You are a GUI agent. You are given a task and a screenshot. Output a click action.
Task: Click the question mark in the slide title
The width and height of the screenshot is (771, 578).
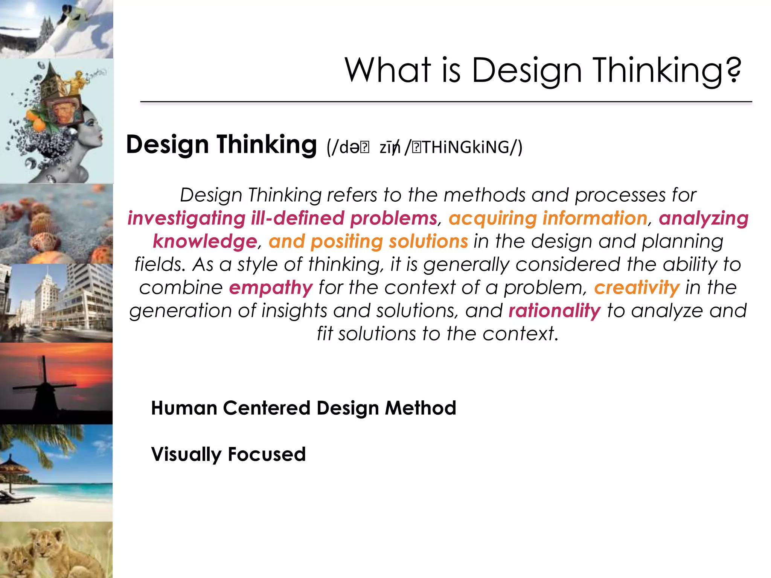coord(734,70)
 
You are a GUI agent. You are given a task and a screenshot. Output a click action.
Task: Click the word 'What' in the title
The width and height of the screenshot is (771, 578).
coord(388,70)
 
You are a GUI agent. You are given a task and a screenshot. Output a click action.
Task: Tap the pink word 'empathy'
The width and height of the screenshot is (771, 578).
coord(271,288)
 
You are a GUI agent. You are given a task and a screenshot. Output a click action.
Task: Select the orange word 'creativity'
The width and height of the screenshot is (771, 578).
coord(637,288)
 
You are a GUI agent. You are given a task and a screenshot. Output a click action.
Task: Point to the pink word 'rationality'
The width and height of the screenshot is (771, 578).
coord(555,311)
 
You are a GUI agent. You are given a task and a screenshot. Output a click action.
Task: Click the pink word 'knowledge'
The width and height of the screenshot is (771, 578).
coord(205,241)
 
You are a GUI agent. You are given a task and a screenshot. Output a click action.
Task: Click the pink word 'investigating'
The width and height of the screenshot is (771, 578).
coord(186,218)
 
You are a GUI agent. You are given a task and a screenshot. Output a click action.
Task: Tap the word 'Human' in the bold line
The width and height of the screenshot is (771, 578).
coord(184,408)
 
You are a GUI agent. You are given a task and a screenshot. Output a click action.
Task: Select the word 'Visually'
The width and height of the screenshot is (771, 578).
coord(186,455)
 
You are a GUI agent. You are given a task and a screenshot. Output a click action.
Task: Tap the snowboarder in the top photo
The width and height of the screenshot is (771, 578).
coord(75,17)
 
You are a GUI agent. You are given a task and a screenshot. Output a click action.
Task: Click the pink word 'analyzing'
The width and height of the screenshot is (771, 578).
coord(703,218)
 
